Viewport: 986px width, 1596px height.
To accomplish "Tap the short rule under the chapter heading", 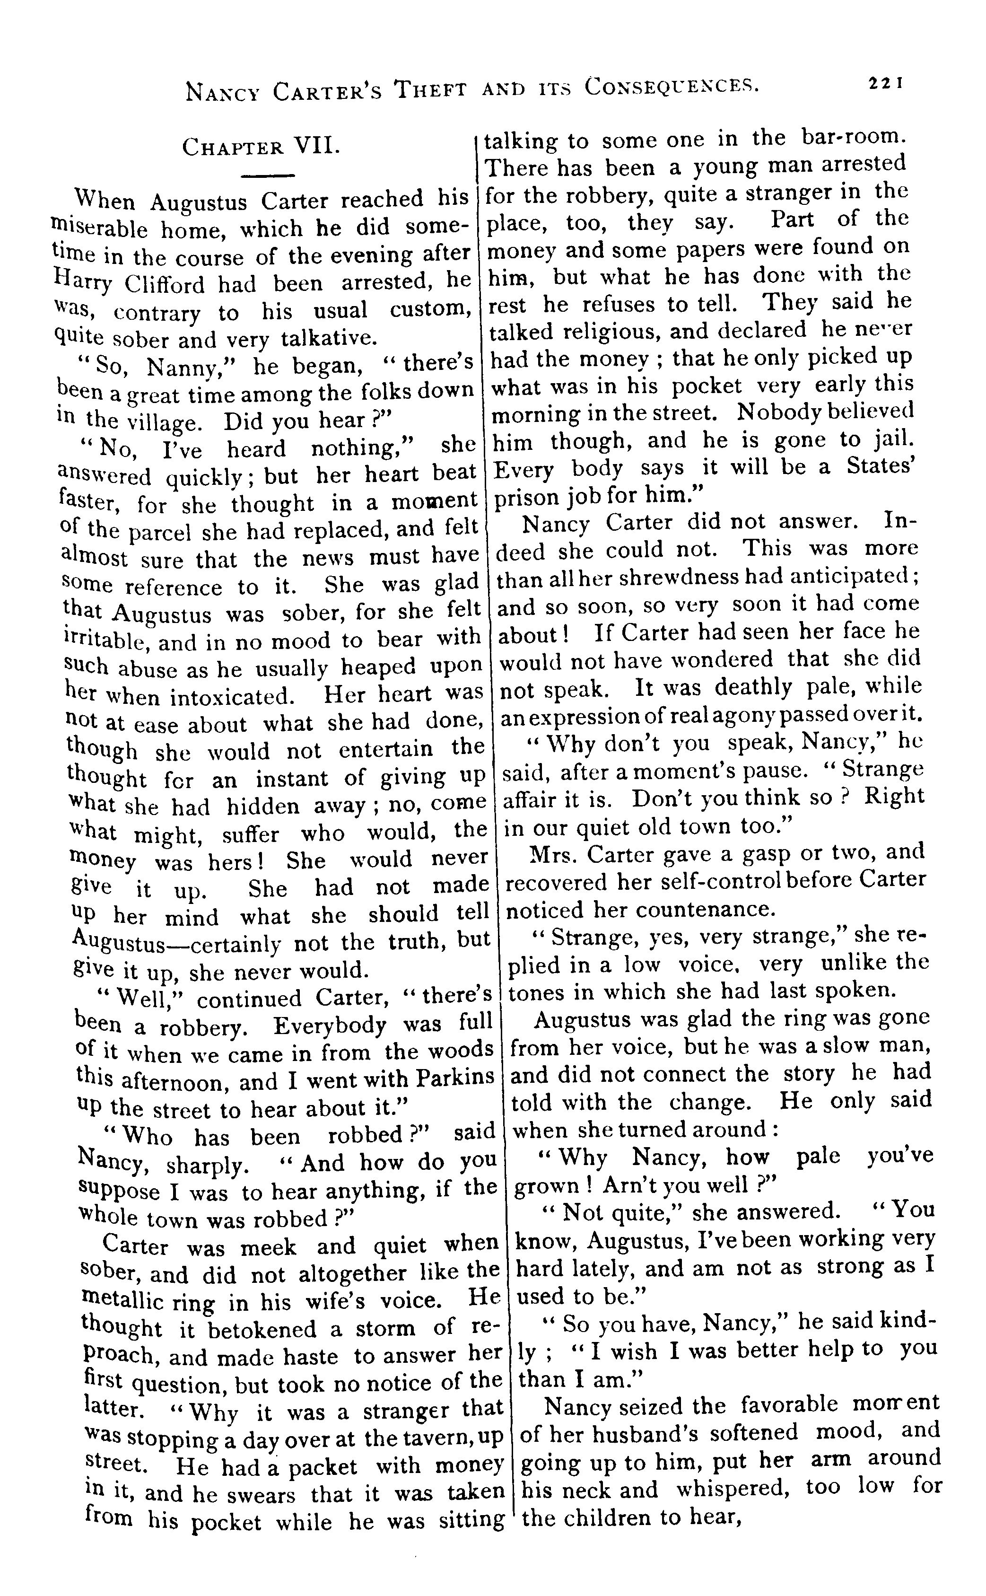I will [269, 175].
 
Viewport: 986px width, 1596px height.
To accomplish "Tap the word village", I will [166, 422].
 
